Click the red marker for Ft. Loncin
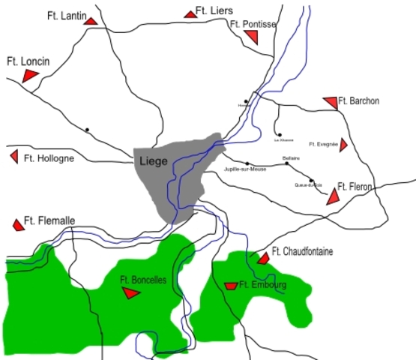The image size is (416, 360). [x=30, y=75]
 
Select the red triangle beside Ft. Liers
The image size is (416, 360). [x=190, y=13]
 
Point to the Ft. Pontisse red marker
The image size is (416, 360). [x=257, y=37]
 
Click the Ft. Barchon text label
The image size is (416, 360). [x=359, y=100]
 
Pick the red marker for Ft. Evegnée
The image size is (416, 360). [x=343, y=145]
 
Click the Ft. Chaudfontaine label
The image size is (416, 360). [x=302, y=250]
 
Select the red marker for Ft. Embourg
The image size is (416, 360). [x=231, y=286]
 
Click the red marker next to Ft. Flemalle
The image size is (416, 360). [x=18, y=224]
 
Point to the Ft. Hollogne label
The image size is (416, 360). [x=49, y=158]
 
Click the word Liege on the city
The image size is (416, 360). [x=153, y=160]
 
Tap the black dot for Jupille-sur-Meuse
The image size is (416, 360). [x=247, y=163]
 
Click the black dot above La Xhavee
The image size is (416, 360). [x=280, y=135]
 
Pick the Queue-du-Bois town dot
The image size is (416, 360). [x=311, y=180]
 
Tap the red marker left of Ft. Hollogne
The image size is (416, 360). [x=13, y=156]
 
